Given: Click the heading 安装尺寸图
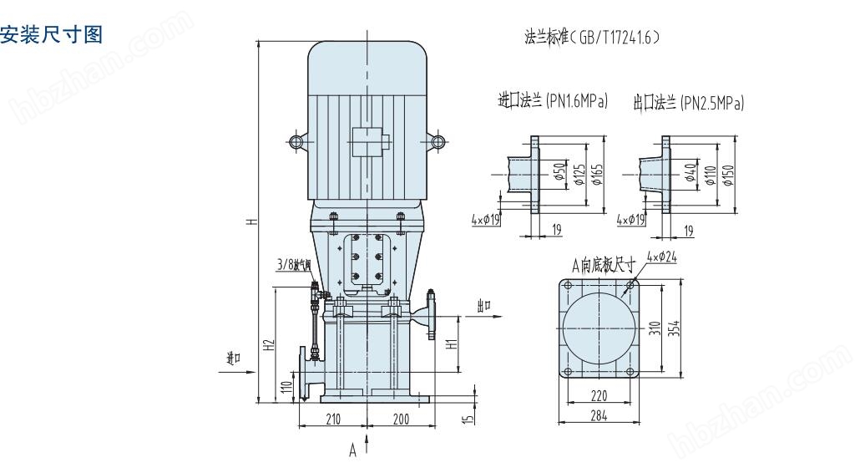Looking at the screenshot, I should point(52,35).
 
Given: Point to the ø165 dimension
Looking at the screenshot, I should point(598,175).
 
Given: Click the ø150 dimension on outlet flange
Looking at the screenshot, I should point(728,175).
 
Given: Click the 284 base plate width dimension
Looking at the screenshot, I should point(598,415).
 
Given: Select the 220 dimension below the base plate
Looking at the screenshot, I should point(598,396).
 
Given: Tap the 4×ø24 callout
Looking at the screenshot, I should point(662,257).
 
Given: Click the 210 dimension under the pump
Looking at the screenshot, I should point(333,419).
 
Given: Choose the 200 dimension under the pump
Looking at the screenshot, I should point(400,419).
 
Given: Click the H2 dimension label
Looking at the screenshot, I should point(268,344).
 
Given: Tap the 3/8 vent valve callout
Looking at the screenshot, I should point(293,266).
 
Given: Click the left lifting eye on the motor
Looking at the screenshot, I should point(296,141).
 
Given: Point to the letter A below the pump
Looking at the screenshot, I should point(352,450).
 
